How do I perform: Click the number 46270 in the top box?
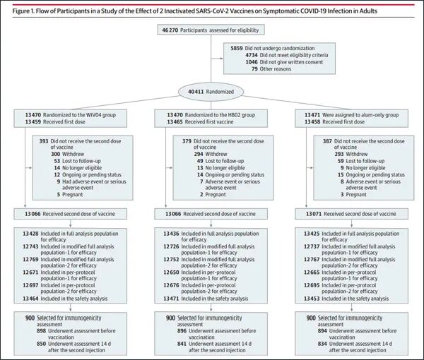point(170,30)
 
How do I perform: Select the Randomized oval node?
point(211,92)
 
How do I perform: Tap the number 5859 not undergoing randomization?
point(237,48)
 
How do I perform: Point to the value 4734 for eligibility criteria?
point(252,55)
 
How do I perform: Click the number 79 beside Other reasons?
point(254,69)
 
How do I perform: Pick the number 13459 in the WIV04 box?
point(33,122)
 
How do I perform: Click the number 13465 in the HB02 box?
point(175,122)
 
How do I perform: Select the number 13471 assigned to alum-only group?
point(312,115)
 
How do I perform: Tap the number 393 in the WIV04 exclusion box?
point(44,141)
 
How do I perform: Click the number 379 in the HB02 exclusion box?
point(187,141)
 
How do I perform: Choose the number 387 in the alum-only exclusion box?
point(327,141)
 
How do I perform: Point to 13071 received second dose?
point(314,214)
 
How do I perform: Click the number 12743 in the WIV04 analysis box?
point(30,246)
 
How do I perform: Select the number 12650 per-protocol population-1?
point(171,272)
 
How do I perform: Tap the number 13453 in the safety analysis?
point(312,299)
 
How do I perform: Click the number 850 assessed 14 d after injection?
point(42,344)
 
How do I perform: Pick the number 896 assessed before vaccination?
point(182,331)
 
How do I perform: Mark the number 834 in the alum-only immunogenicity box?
point(322,344)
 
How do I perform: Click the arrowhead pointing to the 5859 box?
point(222,58)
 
